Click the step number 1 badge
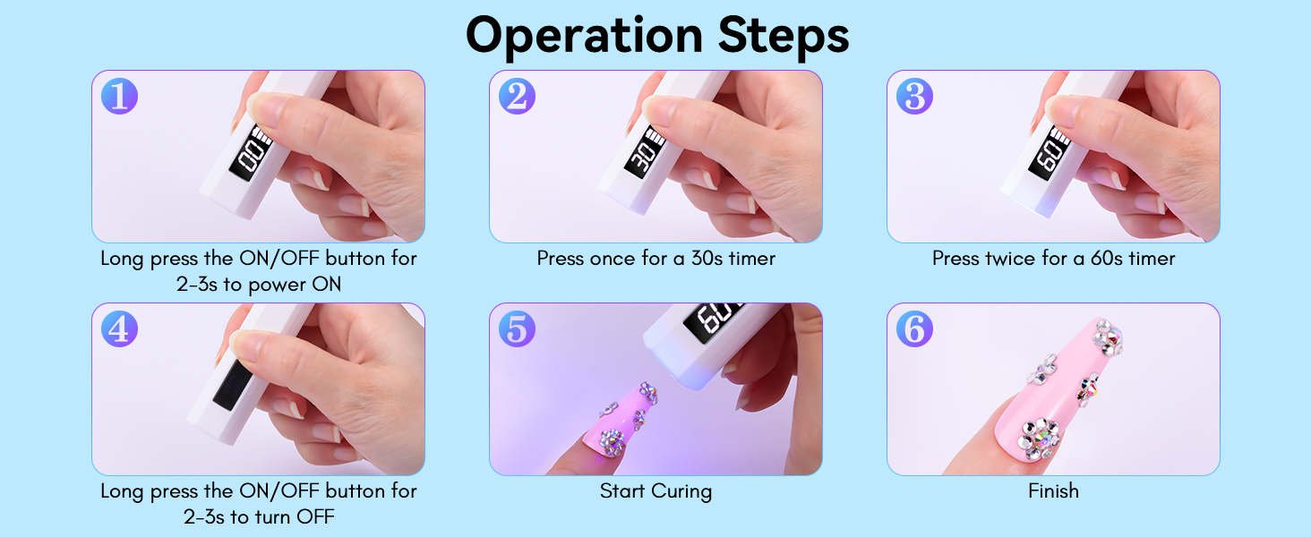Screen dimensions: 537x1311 (119, 96)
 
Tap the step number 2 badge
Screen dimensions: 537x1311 (517, 96)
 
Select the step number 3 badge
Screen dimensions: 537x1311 (914, 96)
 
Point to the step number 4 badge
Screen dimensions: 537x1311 (119, 328)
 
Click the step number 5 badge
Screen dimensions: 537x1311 (517, 328)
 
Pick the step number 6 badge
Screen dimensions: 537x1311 (914, 328)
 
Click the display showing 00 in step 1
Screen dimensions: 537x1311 (253, 157)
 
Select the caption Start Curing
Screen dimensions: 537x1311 (655, 491)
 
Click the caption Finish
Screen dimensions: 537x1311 (1053, 491)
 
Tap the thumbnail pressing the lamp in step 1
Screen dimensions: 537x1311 (258, 157)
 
